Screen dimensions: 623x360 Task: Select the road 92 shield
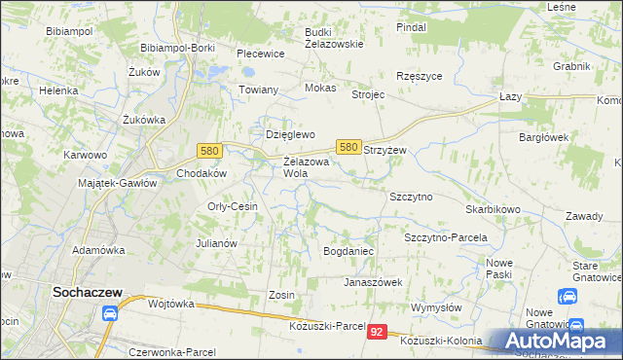[380, 333]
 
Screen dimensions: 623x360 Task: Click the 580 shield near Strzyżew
[349, 146]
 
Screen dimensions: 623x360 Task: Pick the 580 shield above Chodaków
[207, 151]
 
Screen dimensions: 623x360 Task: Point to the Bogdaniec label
[348, 251]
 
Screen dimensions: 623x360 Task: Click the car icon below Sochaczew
[109, 313]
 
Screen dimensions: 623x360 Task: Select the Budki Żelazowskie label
[333, 37]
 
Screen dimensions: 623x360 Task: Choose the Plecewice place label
[259, 54]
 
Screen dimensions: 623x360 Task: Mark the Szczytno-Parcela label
[445, 237]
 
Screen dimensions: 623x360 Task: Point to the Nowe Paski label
[499, 269]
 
